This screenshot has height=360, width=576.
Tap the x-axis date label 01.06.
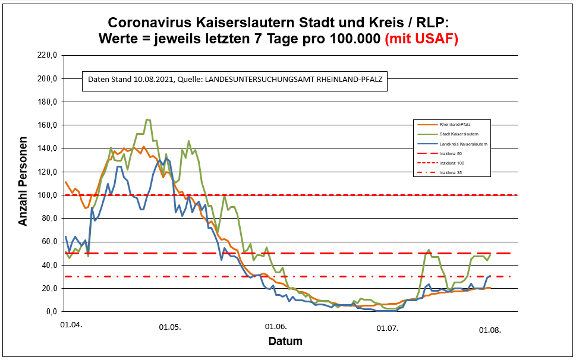(275, 327)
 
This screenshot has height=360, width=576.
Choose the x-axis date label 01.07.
(387, 327)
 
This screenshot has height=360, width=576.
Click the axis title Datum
(285, 342)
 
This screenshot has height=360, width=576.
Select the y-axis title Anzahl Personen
(23, 182)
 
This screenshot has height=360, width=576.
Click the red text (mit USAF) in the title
(421, 39)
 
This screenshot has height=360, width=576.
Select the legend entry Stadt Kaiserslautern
(459, 134)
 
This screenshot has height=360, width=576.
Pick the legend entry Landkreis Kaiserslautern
(464, 144)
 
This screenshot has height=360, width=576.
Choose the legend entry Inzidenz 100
(452, 163)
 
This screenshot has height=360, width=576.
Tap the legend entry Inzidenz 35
(451, 172)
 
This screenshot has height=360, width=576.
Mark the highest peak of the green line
(148, 119)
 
